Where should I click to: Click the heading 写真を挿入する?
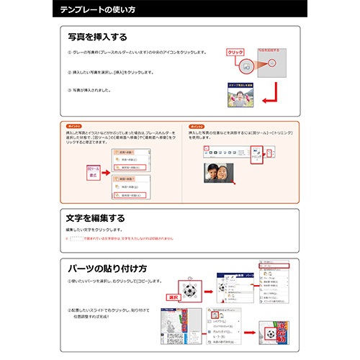[97, 37]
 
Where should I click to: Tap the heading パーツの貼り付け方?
[108, 266]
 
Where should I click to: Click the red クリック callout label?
[235, 53]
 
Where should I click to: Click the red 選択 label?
[172, 296]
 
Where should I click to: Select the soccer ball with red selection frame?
[192, 291]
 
